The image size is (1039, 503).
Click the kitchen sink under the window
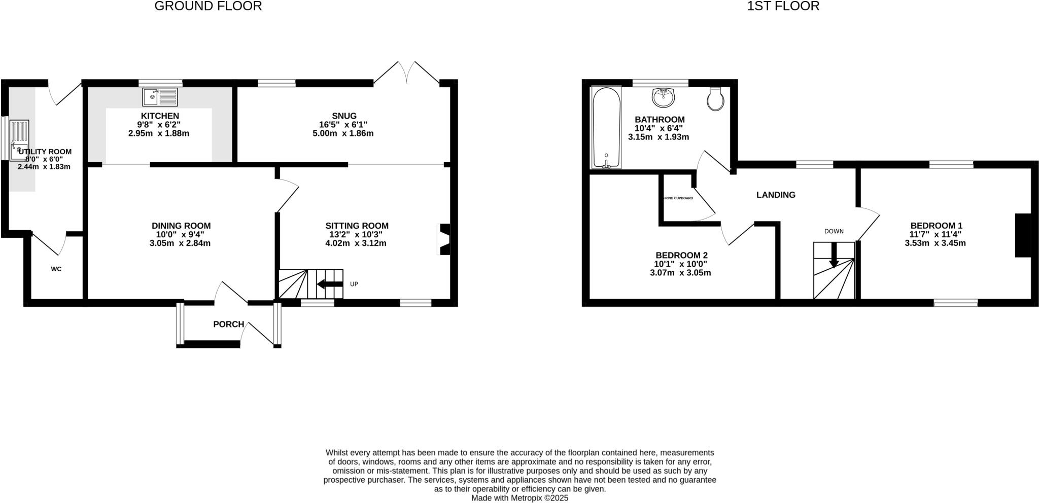tap(160, 96)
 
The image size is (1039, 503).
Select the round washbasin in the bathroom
tap(664, 97)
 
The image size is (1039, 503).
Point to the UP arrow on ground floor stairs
tap(329, 284)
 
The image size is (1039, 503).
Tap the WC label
tap(56, 269)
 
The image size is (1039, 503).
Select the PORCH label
tap(228, 324)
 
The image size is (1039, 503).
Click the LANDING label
tap(776, 195)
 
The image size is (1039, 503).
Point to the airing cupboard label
tap(678, 198)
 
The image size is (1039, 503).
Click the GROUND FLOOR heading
tap(208, 6)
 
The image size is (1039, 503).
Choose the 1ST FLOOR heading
tap(783, 6)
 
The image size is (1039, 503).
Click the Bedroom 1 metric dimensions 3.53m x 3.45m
tap(935, 243)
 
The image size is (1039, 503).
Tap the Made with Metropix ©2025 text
tap(519, 498)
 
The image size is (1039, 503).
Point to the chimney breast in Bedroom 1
tap(1023, 235)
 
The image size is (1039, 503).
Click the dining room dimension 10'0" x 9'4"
tap(181, 234)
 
